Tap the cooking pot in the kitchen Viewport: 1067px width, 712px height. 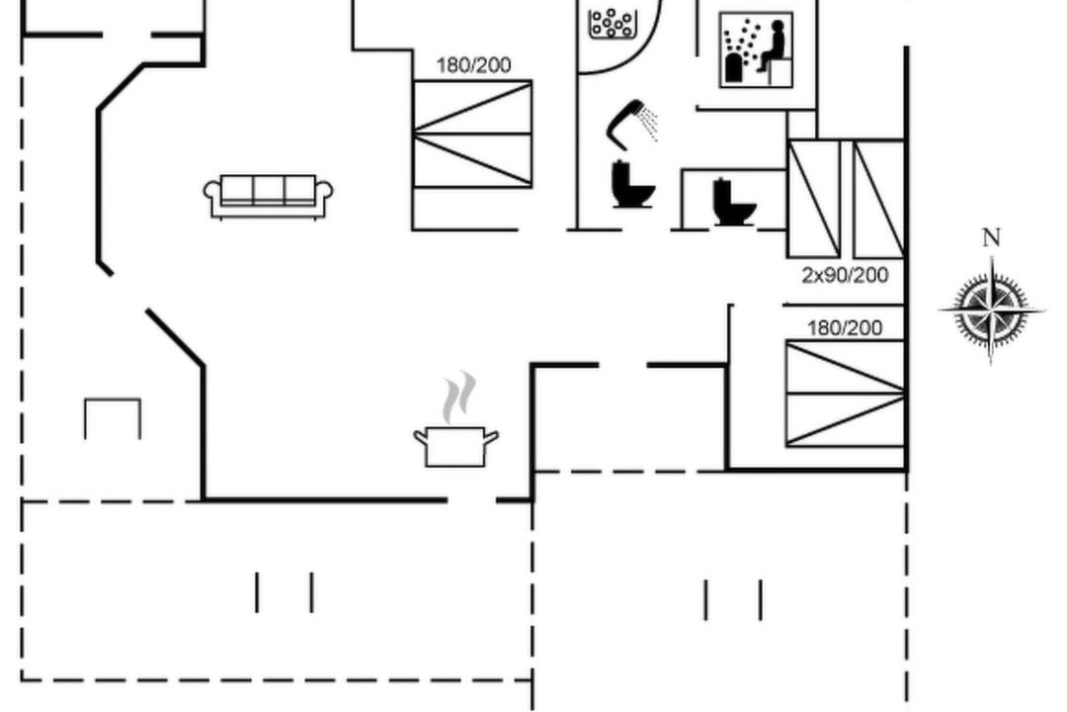click(455, 445)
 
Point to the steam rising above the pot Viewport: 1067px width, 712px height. click(457, 396)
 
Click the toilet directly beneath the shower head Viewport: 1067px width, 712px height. click(632, 185)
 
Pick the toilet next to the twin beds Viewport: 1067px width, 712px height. click(734, 202)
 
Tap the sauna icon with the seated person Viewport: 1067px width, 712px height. click(757, 50)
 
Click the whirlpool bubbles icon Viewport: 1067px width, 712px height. click(612, 22)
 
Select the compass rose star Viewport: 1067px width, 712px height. click(991, 311)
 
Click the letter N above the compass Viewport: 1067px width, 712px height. click(991, 238)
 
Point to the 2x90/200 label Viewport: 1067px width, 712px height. click(845, 276)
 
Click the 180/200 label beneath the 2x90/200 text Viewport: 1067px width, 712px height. click(845, 328)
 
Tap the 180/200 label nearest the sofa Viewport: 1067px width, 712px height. click(474, 65)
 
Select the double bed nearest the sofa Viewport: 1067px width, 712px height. click(472, 133)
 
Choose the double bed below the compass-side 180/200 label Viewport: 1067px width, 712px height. click(845, 394)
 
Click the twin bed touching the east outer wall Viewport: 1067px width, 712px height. click(878, 199)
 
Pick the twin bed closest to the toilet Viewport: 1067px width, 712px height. click(813, 199)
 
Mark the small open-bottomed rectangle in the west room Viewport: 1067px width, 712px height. click(113, 417)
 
